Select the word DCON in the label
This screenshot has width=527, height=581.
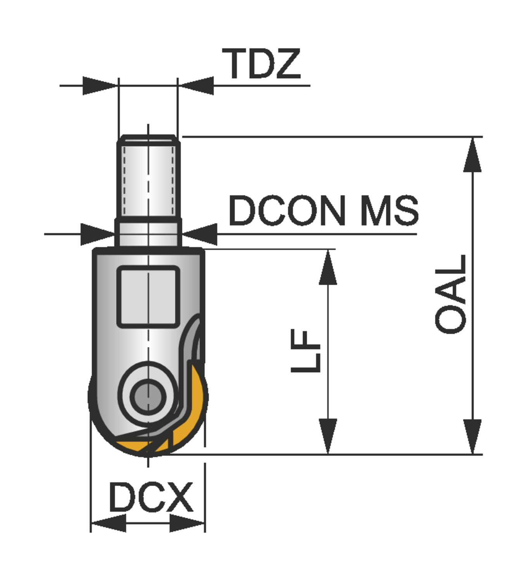287,211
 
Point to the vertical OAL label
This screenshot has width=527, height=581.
451,294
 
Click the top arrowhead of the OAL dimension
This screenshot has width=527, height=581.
472,155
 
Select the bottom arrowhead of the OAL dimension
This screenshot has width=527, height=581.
472,436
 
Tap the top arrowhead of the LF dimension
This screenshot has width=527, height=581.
328,267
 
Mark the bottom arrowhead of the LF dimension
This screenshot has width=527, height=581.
328,436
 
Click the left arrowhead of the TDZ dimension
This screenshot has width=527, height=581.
99,86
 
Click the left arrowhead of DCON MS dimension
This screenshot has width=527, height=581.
97,234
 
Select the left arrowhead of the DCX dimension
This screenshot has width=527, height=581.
109,524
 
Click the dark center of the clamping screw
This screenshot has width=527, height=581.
147,396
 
